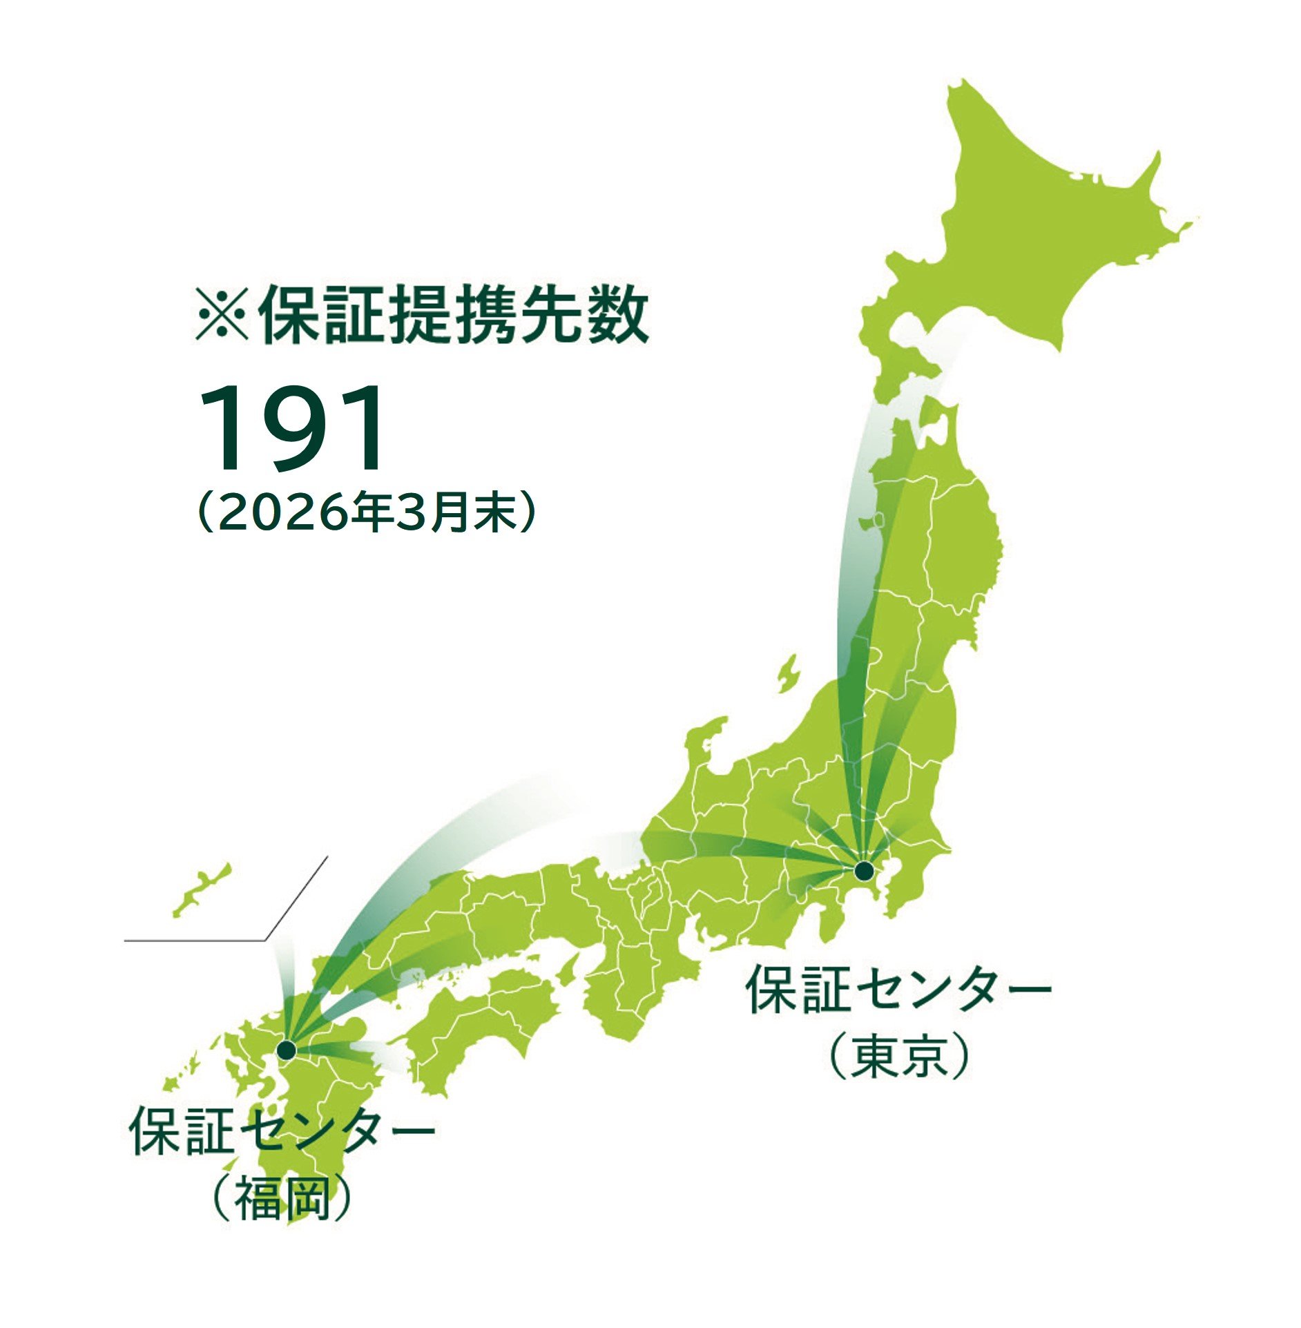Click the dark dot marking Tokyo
[x=863, y=871]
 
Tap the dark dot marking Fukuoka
[x=286, y=1050]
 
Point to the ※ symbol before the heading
[x=221, y=317]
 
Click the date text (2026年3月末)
[x=366, y=512]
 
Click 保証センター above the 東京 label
[x=898, y=990]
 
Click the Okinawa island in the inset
[x=202, y=890]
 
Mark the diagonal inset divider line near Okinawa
[x=297, y=898]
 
